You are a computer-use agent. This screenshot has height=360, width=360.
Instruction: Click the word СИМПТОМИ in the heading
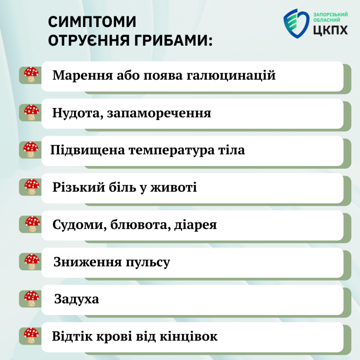pos(92,22)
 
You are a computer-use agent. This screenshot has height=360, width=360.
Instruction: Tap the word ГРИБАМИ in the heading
pos(174,40)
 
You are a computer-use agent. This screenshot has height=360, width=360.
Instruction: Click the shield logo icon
pos(296,23)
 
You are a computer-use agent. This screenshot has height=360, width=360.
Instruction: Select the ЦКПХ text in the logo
pos(330,30)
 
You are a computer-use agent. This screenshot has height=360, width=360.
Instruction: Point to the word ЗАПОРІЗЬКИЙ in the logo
pos(331,15)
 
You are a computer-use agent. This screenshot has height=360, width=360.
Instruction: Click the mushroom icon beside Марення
pos(31,74)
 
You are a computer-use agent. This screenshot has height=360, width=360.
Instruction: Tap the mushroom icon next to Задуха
pos(31,298)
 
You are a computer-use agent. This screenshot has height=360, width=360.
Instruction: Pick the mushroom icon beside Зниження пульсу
pos(31,261)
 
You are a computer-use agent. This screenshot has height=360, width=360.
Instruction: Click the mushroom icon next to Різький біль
pos(31,187)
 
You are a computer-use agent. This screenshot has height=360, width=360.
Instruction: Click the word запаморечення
pos(159,113)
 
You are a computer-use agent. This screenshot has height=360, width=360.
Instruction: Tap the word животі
pos(174,187)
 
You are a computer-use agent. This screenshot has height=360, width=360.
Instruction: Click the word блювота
pos(140,225)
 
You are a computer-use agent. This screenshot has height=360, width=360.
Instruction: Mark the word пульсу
pos(148,262)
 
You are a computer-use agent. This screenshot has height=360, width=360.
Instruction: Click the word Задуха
pos(76,299)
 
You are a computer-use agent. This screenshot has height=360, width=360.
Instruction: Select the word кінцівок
pos(188,336)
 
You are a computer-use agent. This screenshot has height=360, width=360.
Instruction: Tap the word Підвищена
pos(87,150)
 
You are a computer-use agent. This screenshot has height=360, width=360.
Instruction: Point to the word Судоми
pos(79,225)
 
